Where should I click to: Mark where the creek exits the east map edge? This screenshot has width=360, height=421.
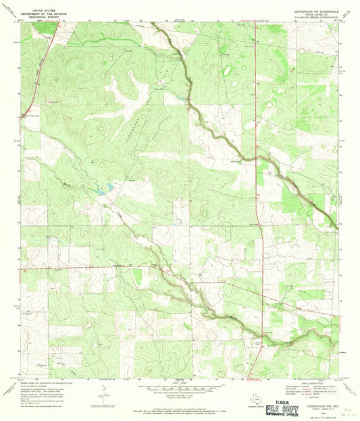tap(338, 227)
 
